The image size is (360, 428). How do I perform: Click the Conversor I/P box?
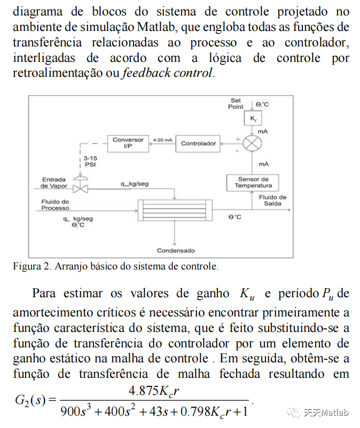[128, 143]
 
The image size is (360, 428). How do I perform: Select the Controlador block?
[199, 143]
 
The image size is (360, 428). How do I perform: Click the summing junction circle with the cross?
[252, 143]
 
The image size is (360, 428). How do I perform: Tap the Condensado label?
[176, 250]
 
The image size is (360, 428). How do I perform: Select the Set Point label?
[236, 104]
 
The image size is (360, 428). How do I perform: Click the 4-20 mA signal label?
[162, 139]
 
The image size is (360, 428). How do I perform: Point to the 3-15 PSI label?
[90, 162]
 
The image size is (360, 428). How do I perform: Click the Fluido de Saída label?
[272, 200]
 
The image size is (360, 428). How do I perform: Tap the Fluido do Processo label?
[55, 204]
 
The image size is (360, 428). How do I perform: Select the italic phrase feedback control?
[168, 73]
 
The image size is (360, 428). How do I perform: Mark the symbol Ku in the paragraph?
[246, 294]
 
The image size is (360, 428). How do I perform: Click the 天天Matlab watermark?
[320, 413]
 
